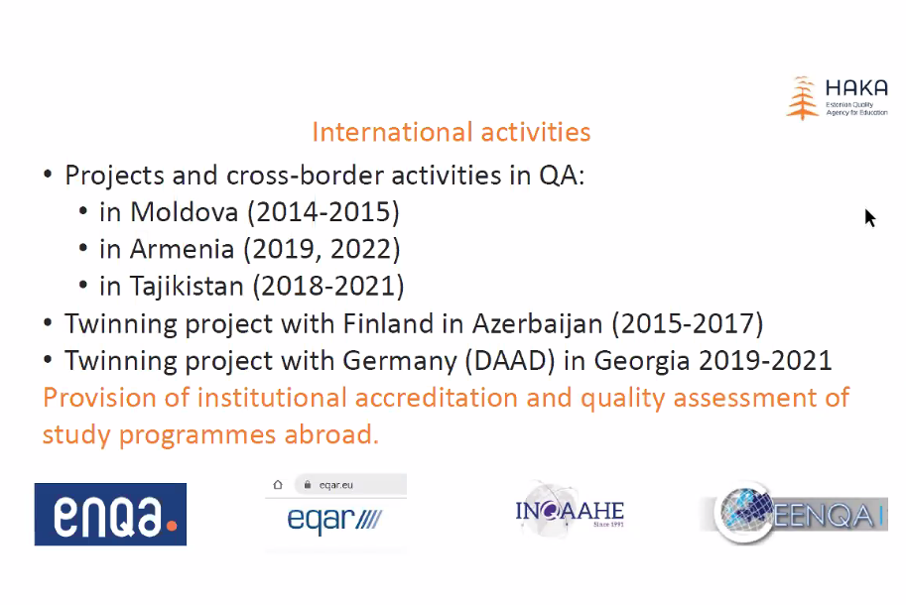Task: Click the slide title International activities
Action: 452,132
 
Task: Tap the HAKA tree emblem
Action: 802,97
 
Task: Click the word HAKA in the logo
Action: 856,88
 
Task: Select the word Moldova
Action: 184,212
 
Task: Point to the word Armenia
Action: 182,249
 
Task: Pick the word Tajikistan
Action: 187,287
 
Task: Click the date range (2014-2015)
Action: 324,212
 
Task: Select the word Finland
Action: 388,323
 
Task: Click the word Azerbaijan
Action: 538,324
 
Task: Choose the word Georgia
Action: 642,361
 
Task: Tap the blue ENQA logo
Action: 110,515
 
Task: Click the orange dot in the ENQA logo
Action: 171,526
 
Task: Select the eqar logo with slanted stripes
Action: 334,520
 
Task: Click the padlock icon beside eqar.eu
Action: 308,484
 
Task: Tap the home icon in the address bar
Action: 278,484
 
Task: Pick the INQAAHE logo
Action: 570,511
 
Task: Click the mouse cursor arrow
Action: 869,217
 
